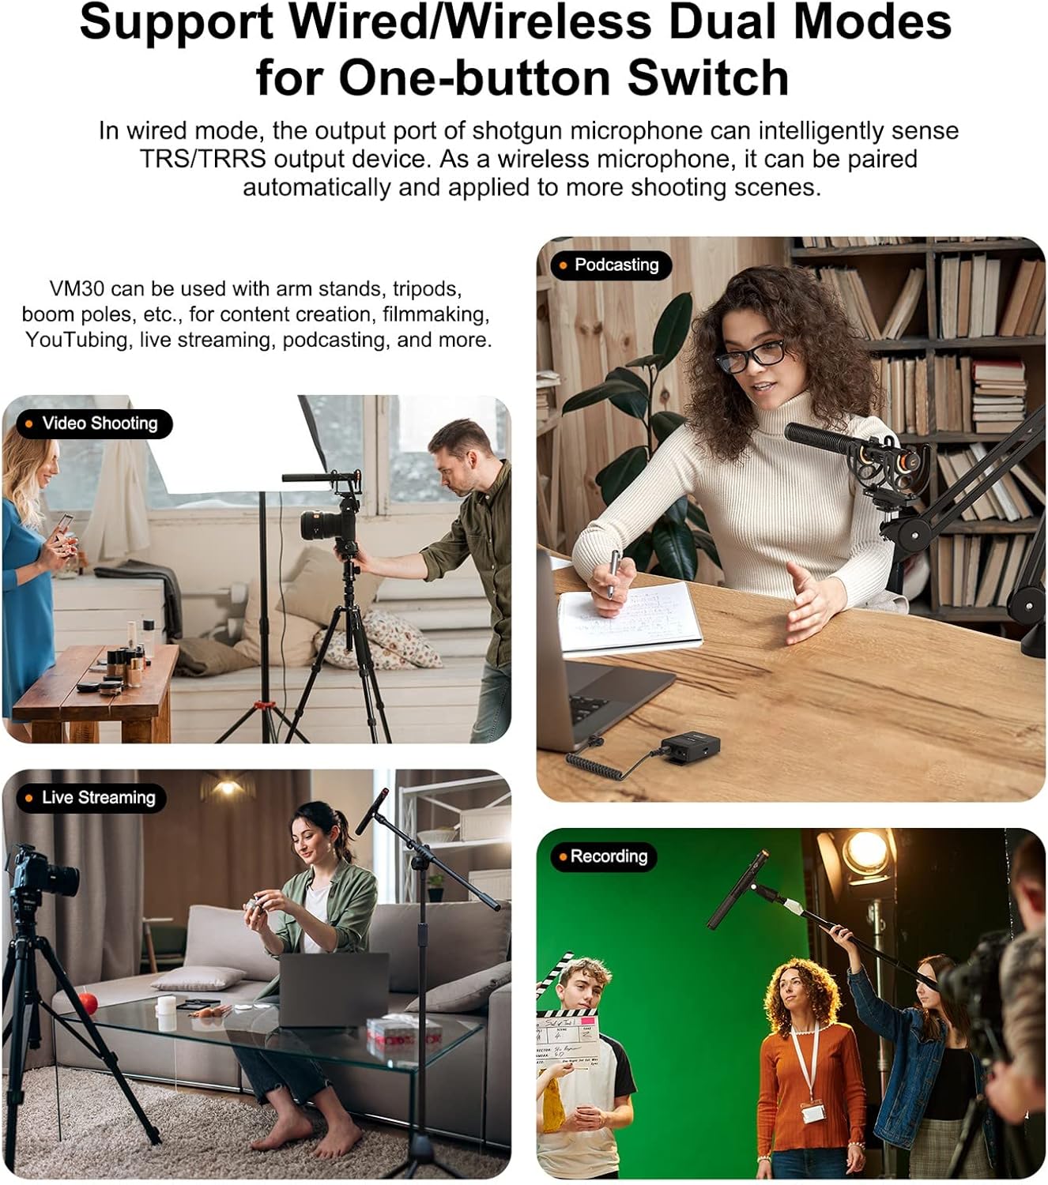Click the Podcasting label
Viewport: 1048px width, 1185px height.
611,265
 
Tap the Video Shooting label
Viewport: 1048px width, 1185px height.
94,423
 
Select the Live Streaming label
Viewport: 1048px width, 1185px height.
91,798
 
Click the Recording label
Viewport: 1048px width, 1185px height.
603,857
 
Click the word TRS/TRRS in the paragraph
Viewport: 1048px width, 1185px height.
203,159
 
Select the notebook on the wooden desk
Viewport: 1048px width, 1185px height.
629,618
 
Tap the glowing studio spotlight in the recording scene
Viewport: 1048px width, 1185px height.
865,852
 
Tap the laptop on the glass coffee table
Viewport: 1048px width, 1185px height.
334,990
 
